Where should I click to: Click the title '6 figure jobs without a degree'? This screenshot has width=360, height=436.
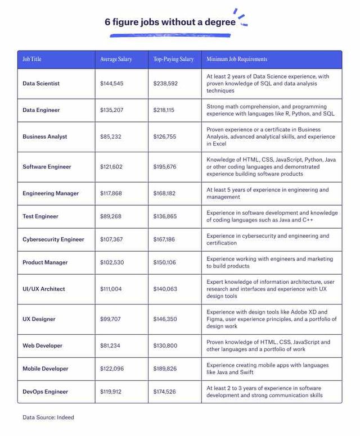click(x=171, y=22)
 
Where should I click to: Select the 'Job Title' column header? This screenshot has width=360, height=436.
click(x=32, y=60)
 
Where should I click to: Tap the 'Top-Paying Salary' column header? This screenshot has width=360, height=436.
click(x=173, y=60)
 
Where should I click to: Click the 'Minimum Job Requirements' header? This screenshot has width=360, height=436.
click(x=236, y=60)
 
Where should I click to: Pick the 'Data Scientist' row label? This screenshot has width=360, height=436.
click(x=41, y=84)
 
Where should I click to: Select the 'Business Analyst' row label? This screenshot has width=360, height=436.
click(x=44, y=137)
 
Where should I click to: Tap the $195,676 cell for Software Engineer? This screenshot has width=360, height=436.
click(x=165, y=167)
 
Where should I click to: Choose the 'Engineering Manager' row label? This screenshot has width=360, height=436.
click(x=51, y=194)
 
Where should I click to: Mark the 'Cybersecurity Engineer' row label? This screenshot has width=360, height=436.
click(x=53, y=239)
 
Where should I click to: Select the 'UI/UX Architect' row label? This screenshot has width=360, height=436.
click(x=44, y=289)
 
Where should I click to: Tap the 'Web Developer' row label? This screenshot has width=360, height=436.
click(x=42, y=346)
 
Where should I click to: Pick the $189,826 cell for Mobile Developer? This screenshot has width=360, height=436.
click(x=165, y=369)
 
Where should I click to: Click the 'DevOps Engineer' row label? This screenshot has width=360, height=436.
click(x=45, y=392)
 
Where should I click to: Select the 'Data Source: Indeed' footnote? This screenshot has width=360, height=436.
click(x=48, y=417)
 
